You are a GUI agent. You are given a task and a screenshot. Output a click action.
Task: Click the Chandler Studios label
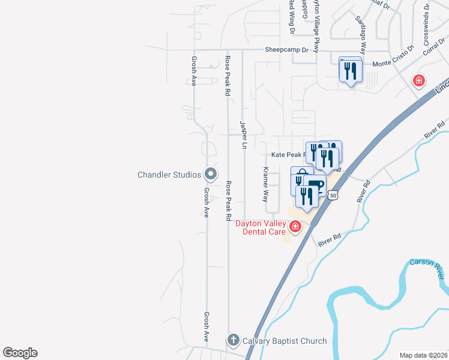tap(169, 175)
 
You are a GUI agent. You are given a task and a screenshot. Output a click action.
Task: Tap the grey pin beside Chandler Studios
tap(210, 174)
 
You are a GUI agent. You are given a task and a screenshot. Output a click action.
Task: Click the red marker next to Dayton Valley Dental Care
tap(295, 226)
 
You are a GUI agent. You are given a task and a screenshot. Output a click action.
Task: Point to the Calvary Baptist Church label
tap(285, 341)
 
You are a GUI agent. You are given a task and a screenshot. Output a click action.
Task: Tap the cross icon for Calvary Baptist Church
tap(234, 341)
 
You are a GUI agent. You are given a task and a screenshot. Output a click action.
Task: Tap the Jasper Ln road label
tap(244, 135)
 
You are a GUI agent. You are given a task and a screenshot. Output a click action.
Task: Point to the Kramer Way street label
tap(265, 184)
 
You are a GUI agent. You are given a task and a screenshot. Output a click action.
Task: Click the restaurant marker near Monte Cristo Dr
tap(351, 71)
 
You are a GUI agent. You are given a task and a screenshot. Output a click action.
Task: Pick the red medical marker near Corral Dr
tap(418, 80)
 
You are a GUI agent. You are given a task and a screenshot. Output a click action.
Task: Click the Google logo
tap(20, 353)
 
